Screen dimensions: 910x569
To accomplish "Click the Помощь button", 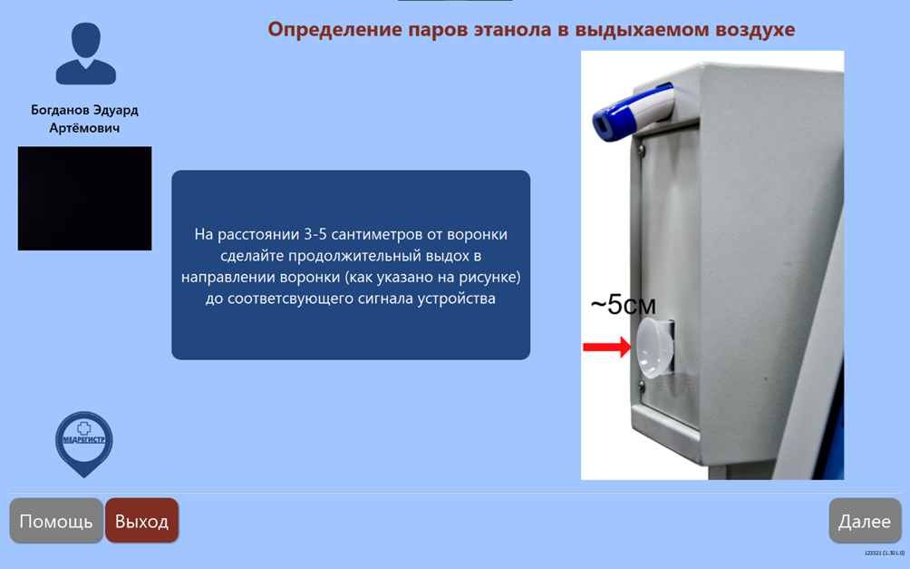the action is click(56, 521).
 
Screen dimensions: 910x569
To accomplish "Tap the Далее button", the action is click(865, 521).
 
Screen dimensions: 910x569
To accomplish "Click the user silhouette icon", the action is click(86, 54).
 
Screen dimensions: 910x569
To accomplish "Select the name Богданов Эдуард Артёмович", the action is click(84, 119).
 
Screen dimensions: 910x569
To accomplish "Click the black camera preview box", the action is click(84, 198).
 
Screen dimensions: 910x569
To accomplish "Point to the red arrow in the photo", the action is click(606, 347).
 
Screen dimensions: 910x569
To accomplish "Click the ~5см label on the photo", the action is click(624, 305).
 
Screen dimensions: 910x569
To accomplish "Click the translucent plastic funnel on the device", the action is click(655, 348).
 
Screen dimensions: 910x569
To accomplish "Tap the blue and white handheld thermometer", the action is click(633, 112).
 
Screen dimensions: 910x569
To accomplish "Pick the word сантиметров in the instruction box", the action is click(381, 234).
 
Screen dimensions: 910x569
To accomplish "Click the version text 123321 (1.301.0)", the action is click(885, 554).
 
